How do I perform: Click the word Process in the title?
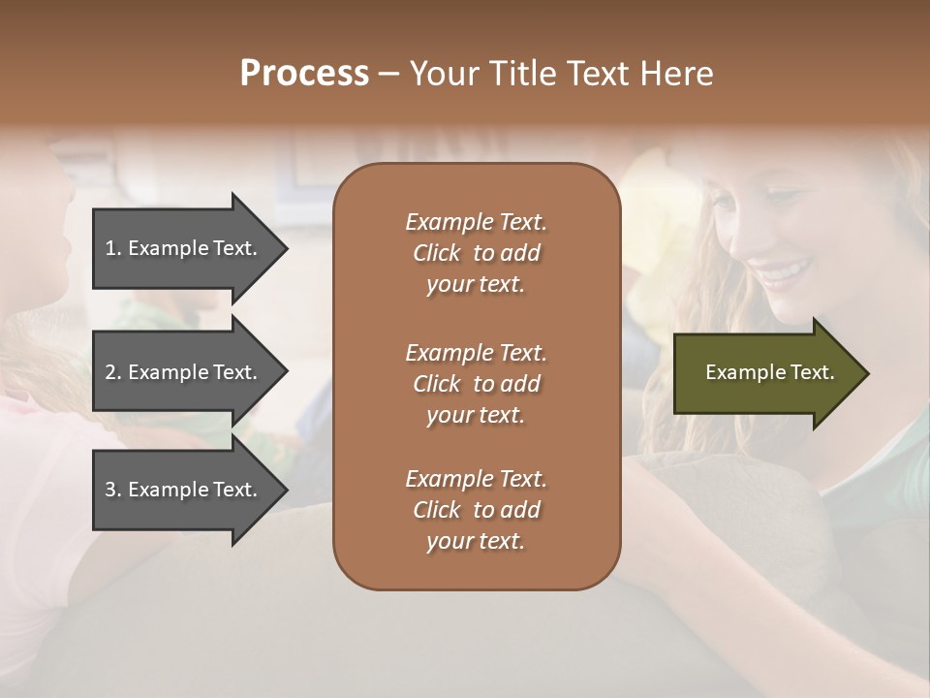click(304, 74)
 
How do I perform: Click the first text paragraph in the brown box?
click(476, 253)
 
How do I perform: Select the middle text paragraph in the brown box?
click(476, 384)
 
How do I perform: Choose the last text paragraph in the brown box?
click(476, 510)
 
